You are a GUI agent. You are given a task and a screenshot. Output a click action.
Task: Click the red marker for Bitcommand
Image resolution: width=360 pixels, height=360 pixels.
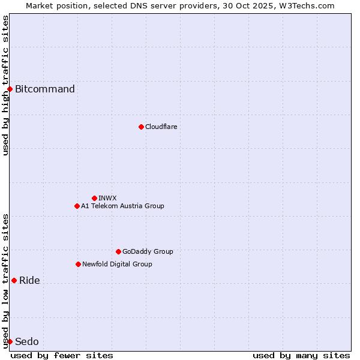(x=10, y=89)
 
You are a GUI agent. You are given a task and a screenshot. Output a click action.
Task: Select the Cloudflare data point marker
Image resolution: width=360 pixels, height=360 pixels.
(x=141, y=127)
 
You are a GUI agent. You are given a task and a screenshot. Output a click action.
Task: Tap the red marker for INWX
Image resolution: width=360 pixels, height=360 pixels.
(x=94, y=198)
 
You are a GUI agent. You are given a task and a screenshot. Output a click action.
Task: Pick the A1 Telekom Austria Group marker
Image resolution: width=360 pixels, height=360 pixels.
(x=77, y=206)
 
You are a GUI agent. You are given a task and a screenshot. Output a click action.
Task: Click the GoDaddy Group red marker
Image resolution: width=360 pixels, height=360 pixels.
(x=118, y=251)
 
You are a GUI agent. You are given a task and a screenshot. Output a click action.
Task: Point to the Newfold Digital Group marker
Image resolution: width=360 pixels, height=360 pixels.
(x=78, y=264)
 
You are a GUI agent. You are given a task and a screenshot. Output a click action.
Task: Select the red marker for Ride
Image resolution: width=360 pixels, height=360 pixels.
(x=14, y=280)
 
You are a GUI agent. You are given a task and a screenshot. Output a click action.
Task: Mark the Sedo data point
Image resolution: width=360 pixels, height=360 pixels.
(x=10, y=341)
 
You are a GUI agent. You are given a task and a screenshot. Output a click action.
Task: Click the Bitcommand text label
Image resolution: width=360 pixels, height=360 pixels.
(x=45, y=89)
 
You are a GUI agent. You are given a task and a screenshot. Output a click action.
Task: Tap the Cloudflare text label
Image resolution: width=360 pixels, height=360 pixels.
(x=161, y=127)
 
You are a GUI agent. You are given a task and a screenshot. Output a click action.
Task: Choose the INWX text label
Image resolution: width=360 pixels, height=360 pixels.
(x=107, y=198)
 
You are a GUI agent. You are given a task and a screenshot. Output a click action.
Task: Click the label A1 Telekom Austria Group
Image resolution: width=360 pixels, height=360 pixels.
(x=122, y=206)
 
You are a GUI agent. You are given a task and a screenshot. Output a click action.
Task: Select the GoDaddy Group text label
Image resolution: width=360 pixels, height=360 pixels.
(x=148, y=251)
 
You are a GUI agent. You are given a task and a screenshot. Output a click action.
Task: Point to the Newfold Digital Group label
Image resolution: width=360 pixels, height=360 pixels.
(x=117, y=264)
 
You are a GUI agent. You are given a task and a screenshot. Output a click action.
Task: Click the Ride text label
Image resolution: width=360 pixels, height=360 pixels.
(x=29, y=280)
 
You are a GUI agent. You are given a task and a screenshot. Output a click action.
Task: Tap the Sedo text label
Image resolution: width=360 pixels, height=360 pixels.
(x=26, y=341)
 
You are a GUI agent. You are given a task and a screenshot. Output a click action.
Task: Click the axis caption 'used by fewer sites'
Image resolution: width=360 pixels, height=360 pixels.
(x=62, y=355)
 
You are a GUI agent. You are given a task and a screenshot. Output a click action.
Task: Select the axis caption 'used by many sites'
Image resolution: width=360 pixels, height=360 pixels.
(x=301, y=355)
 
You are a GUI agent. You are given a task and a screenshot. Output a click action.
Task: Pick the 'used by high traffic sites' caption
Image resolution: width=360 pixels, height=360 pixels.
(x=5, y=85)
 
